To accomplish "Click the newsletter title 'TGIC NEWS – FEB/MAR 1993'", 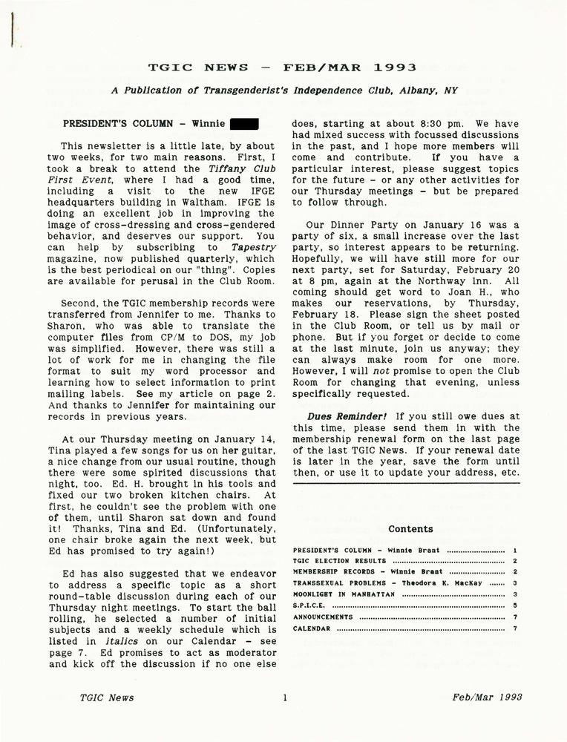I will [282, 67].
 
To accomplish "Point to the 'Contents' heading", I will [410, 529].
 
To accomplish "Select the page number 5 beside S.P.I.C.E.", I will [514, 605].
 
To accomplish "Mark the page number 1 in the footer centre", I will [284, 697].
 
